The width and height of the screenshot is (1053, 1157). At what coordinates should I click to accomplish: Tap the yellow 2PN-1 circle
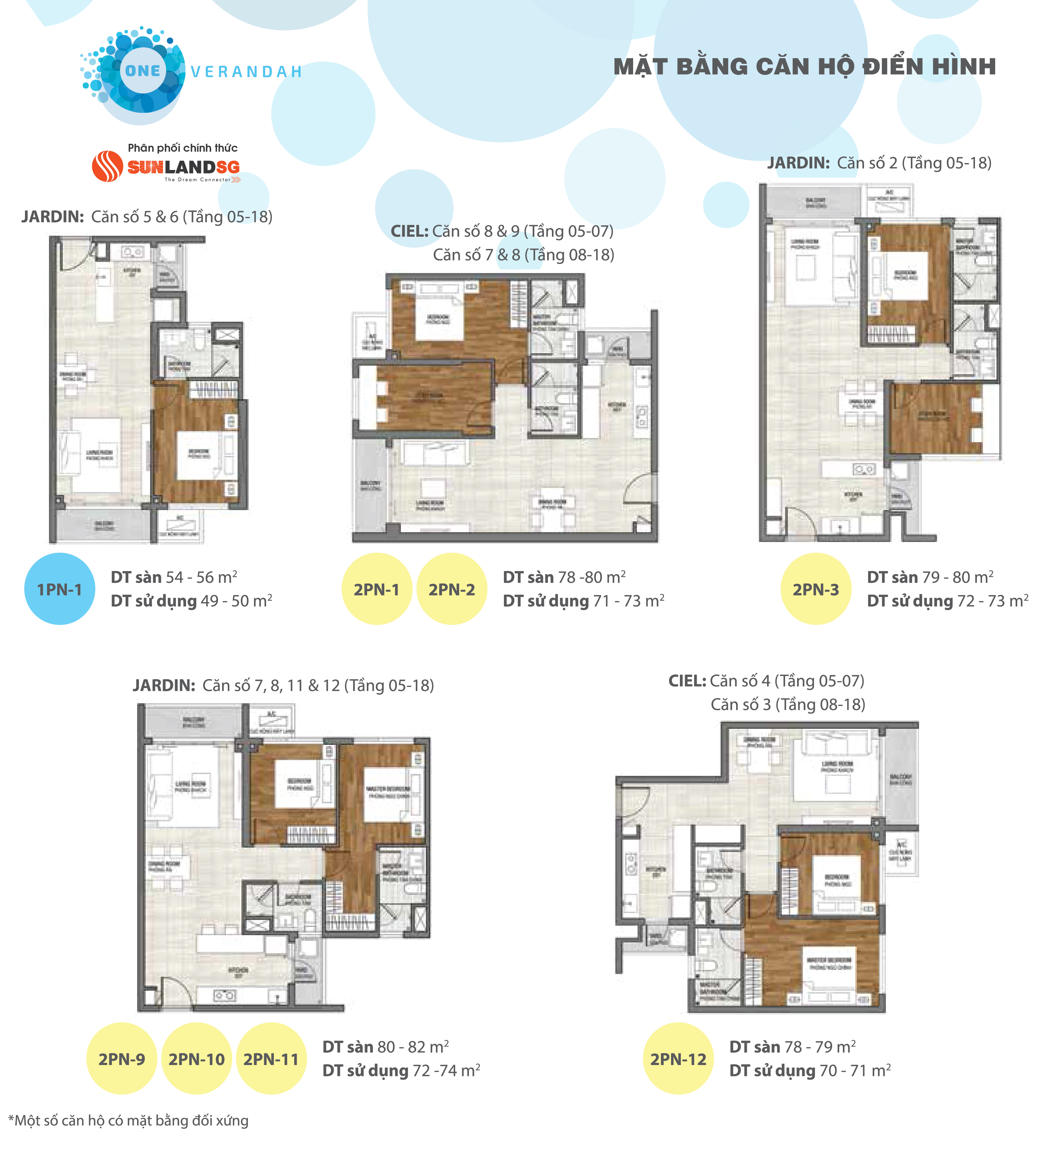coord(377,589)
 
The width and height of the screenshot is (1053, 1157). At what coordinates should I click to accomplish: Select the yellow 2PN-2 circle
coord(451,589)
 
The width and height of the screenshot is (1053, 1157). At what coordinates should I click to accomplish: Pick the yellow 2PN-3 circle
coord(815,589)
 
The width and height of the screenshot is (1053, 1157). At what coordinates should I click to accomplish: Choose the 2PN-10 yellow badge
coord(196,1059)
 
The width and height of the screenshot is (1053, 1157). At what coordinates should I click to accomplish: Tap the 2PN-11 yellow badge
coord(271,1059)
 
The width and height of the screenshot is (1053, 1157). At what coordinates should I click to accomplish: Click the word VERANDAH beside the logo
coord(246,72)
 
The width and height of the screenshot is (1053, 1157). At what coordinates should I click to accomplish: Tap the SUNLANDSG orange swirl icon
coord(107,167)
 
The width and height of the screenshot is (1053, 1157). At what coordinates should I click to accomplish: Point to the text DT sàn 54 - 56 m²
coord(174,577)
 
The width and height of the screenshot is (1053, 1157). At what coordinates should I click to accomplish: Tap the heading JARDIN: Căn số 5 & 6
coord(147,217)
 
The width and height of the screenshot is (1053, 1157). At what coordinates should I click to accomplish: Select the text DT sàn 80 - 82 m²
coord(385,1047)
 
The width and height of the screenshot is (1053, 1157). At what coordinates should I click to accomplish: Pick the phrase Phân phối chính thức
coord(183,148)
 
